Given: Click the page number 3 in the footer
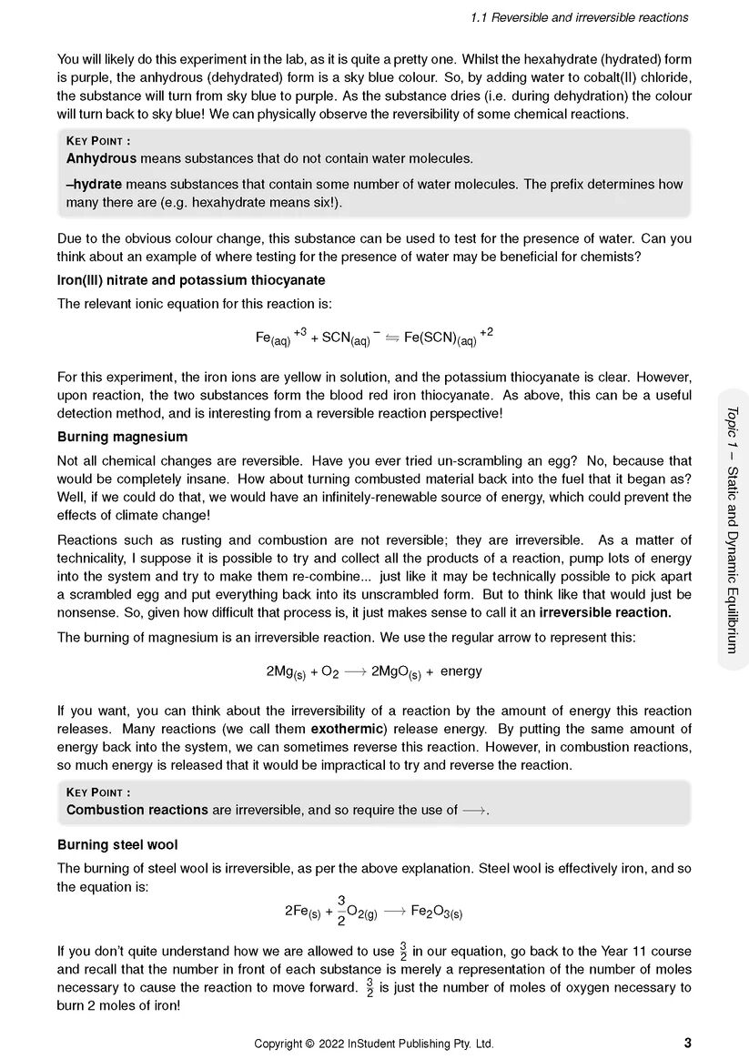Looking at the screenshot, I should point(686,1043).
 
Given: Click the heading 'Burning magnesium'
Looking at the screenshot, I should point(122,437).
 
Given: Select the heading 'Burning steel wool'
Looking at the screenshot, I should point(117,844).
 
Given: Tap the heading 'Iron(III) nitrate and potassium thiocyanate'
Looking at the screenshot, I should point(191,280).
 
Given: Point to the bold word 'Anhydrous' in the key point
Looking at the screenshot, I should point(102,158).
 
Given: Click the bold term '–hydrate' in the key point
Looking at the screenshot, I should point(94,184).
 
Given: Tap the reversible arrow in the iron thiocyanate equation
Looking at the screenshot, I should point(392,338).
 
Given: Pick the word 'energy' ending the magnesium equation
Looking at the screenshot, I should point(461,671).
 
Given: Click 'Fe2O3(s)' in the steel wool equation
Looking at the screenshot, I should point(437,912).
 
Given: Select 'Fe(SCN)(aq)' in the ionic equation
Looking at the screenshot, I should point(440,338).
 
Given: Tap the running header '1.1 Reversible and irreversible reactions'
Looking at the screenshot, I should point(580,17).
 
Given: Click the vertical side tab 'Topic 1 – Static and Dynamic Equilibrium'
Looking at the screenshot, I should point(731,529).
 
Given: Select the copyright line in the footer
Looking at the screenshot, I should point(374,1044).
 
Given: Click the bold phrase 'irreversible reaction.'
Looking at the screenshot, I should point(605,612).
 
